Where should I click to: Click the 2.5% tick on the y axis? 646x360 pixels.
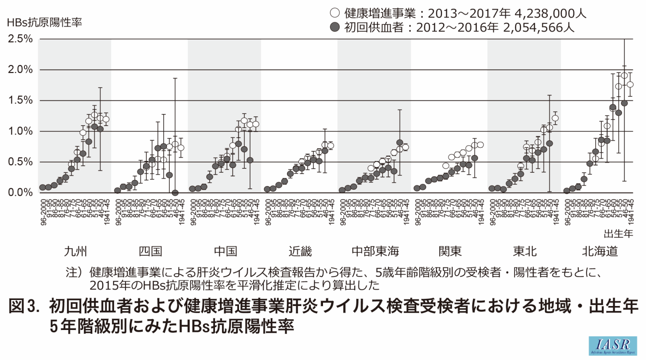pos(19,39)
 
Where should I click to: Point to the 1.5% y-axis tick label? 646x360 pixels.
pos(19,101)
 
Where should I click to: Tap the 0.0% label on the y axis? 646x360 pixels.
pos(19,192)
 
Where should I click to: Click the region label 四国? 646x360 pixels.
pos(150,251)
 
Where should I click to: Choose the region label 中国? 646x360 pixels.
pos(225,251)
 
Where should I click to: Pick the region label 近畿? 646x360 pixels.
pos(300,251)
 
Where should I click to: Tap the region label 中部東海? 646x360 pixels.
pos(375,251)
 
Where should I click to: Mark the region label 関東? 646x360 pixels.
pos(450,251)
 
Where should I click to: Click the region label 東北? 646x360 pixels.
pos(525,251)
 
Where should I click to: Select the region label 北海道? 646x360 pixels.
pos(599,251)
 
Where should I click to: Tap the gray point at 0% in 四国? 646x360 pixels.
pos(175,192)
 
